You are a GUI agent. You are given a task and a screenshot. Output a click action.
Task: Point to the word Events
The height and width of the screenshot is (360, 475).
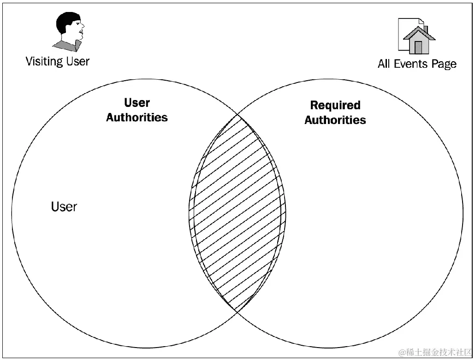pyautogui.click(x=411, y=64)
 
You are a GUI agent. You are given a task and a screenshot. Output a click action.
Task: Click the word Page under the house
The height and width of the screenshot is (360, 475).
pyautogui.click(x=444, y=65)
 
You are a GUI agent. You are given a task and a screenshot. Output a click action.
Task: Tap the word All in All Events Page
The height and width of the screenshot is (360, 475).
pyautogui.click(x=384, y=64)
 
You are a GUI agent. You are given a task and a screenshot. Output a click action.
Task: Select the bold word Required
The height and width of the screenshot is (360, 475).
pyautogui.click(x=335, y=106)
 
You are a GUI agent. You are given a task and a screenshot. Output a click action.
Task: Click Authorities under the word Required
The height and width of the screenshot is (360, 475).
pyautogui.click(x=335, y=120)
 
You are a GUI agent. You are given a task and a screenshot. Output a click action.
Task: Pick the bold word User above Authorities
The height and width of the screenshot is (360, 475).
pyautogui.click(x=137, y=103)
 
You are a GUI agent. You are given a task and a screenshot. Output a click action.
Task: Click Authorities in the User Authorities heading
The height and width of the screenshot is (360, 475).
pyautogui.click(x=137, y=118)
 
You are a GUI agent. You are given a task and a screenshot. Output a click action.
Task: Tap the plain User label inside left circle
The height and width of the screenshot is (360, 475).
pyautogui.click(x=64, y=207)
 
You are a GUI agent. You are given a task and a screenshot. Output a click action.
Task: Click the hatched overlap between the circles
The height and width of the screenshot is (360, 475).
pyautogui.click(x=237, y=212)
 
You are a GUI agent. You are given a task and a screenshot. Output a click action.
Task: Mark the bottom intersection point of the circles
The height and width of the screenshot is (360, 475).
pyautogui.click(x=237, y=311)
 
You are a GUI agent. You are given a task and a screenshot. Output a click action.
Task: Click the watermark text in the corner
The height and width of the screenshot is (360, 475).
pyautogui.click(x=435, y=353)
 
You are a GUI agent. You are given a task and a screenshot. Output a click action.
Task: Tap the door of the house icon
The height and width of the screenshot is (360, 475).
pyautogui.click(x=418, y=47)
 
